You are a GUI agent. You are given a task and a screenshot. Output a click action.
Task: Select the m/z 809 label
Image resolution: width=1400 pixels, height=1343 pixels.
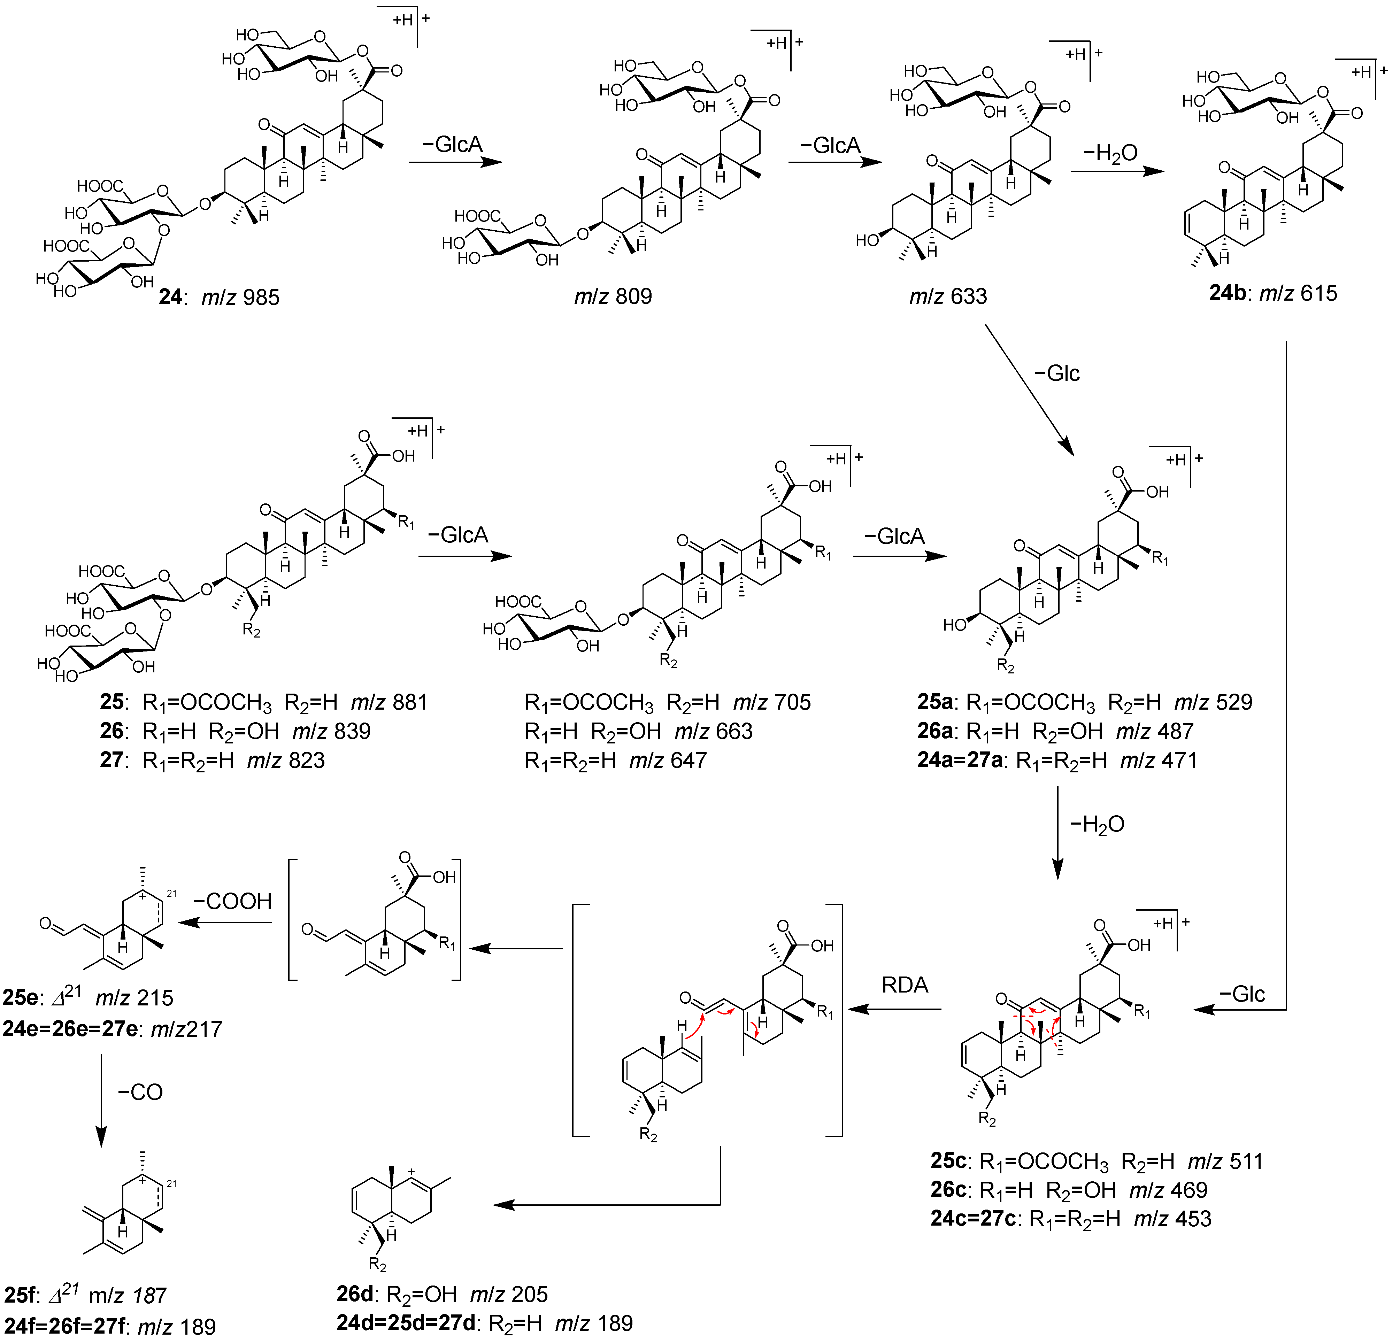pos(613,296)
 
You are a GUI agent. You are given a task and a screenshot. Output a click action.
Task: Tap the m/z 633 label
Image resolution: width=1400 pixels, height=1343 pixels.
pos(948,296)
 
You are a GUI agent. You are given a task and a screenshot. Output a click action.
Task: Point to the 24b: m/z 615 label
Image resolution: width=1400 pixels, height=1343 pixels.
pos(1273,293)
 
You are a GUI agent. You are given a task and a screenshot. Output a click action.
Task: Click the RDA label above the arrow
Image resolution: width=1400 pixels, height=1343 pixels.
pos(904,985)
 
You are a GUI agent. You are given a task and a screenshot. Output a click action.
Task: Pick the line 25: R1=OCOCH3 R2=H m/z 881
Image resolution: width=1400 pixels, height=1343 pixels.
pos(264,702)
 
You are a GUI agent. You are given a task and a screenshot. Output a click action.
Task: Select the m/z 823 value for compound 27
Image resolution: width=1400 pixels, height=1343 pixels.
pos(286,760)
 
